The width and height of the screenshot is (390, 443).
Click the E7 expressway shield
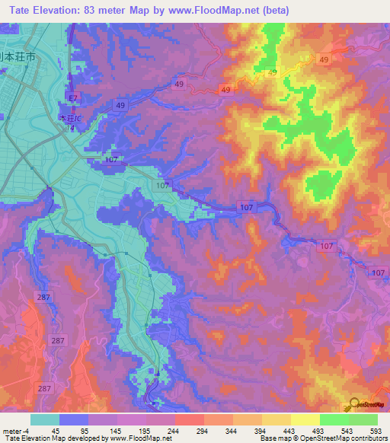[x=72, y=98]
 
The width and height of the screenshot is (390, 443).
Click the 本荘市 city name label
[x=13, y=57]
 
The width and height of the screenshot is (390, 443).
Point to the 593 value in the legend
[x=376, y=431]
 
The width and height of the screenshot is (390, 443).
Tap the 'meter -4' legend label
[x=15, y=431]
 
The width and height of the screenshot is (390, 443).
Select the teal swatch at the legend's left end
[x=45, y=419]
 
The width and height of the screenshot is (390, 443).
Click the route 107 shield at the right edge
[x=379, y=272]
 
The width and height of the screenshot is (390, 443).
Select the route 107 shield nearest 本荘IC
[x=112, y=160]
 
